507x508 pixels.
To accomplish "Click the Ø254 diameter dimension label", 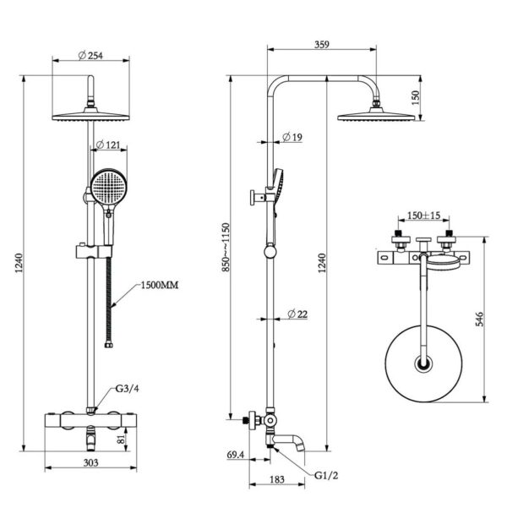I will pyautogui.click(x=90, y=56).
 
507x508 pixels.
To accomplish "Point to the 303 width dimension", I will pyautogui.click(x=91, y=462).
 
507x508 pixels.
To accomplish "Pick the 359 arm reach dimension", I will pyautogui.click(x=321, y=45).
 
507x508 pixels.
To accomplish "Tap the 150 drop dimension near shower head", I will pyautogui.click(x=414, y=97).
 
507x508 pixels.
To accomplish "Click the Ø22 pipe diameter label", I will pyautogui.click(x=297, y=314).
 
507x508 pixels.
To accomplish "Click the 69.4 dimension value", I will pyautogui.click(x=236, y=456).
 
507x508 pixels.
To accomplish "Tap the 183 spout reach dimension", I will pyautogui.click(x=276, y=480).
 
